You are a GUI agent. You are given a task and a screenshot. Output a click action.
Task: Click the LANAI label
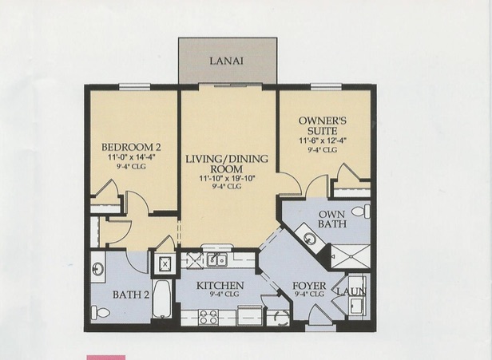coord(226,61)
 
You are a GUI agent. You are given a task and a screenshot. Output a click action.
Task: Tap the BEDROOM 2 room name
coord(131,147)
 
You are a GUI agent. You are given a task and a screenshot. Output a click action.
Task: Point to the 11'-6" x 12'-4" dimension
coord(323,140)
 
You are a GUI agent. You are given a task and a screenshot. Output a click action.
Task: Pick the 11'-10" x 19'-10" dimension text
coord(227,179)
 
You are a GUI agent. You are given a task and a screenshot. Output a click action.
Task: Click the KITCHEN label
coord(220,286)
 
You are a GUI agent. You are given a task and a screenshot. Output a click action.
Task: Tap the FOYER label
coord(309,286)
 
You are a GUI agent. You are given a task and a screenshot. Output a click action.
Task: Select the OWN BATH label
coord(332,219)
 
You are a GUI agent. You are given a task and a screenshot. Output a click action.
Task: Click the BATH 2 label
coord(131,295)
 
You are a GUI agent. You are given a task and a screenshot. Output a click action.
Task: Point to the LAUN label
coord(351,291)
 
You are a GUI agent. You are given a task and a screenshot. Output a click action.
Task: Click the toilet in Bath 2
coord(101,312)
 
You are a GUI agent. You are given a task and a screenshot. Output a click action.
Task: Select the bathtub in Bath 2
coord(162,299)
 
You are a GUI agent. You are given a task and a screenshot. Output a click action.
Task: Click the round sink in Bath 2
coord(98,268)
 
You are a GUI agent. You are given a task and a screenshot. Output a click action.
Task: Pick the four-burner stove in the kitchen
coord(208,317)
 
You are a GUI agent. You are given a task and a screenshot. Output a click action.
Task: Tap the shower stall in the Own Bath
coord(351,256)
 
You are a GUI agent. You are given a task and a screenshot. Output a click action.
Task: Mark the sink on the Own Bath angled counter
coord(309,239)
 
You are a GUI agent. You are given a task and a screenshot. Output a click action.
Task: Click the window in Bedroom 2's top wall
coord(135,86)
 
